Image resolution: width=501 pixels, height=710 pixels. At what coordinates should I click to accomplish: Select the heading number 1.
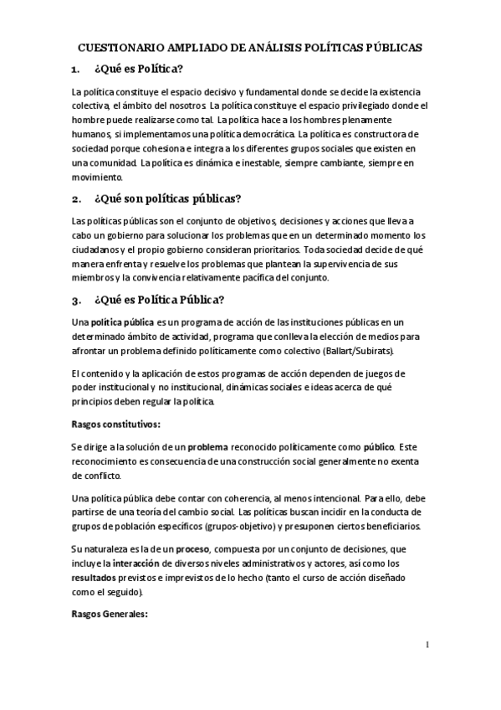point(77,69)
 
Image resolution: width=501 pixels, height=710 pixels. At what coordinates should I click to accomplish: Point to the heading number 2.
point(77,198)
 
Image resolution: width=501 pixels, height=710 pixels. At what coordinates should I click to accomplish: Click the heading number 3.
point(77,300)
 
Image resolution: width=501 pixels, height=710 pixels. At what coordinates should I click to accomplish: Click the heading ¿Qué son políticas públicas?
point(168,198)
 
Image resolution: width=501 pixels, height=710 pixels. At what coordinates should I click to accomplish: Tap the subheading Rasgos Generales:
point(110,614)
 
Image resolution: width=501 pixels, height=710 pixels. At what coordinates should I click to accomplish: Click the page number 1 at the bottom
point(427,645)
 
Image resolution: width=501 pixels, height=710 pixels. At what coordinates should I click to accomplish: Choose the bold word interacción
point(143,563)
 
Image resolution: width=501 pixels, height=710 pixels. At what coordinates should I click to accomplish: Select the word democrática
point(257,133)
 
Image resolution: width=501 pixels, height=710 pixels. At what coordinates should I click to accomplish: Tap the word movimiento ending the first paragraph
point(98,177)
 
